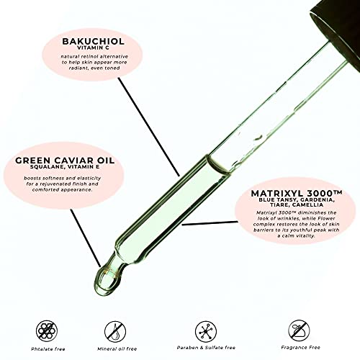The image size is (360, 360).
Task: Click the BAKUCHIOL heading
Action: (x=93, y=41)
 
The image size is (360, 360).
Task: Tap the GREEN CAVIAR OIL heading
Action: (x=65, y=161)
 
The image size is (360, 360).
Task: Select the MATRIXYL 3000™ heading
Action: (x=297, y=193)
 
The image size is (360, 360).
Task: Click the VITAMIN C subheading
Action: (x=93, y=48)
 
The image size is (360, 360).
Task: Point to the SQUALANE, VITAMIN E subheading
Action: (x=65, y=166)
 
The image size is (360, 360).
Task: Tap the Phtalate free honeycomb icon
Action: (x=47, y=331)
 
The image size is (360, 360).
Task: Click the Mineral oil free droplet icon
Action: (x=115, y=331)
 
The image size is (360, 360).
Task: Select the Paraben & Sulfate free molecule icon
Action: (x=206, y=331)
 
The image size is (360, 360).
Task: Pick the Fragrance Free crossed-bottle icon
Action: (x=299, y=330)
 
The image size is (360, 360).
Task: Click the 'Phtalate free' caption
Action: (x=48, y=349)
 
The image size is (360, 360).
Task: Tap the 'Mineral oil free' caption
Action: (x=117, y=349)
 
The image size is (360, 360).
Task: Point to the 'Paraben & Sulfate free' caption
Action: (x=206, y=348)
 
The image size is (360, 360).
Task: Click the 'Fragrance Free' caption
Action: (x=301, y=348)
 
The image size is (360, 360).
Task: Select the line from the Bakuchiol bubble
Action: (x=149, y=127)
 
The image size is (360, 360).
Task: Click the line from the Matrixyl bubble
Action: (x=210, y=223)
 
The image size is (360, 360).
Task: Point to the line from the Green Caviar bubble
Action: (x=86, y=238)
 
